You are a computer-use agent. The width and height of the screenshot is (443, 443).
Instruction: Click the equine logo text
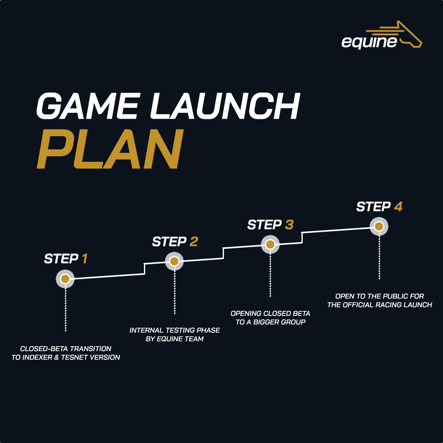[369, 42]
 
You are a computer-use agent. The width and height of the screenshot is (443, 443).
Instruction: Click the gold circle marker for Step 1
[65, 279]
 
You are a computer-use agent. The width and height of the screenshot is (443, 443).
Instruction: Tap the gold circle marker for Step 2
[174, 261]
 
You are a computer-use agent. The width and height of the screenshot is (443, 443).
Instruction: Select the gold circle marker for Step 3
[270, 244]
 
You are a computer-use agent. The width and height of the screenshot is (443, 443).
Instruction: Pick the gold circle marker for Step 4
[379, 226]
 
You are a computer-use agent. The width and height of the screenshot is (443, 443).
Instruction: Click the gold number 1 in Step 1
[84, 259]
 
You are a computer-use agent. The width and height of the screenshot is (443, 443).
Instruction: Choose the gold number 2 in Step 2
[194, 242]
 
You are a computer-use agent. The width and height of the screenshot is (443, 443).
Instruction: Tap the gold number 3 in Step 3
[289, 225]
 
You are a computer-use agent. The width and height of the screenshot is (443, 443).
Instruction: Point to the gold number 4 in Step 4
[398, 207]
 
